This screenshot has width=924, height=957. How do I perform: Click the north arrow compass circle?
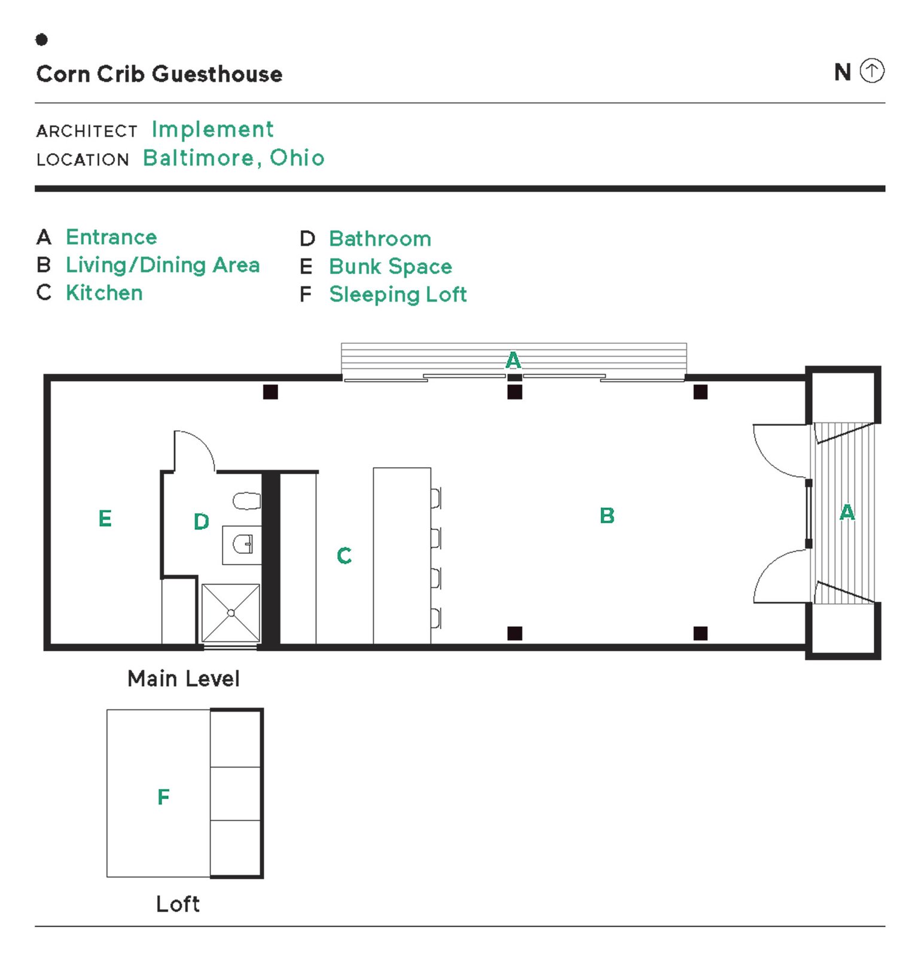(871, 71)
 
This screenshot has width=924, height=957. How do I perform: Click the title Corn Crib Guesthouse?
(159, 74)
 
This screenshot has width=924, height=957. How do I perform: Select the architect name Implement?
(212, 129)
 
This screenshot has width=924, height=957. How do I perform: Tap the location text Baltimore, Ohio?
(233, 158)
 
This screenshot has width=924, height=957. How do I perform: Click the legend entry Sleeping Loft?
(398, 294)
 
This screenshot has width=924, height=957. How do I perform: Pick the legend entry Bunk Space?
(390, 266)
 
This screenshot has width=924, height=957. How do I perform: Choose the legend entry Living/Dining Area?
(163, 265)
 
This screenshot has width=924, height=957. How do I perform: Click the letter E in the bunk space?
(105, 519)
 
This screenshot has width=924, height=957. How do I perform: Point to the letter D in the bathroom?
(202, 522)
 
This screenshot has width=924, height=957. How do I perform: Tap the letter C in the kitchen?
(344, 556)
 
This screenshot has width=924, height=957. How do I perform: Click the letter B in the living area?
(607, 516)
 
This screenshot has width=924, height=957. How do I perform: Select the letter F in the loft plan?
(163, 797)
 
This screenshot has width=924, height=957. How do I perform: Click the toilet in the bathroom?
(246, 501)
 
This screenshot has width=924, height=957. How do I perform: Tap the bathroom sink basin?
(242, 544)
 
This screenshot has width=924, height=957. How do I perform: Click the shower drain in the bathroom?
(231, 613)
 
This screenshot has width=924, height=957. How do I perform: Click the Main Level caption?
(184, 679)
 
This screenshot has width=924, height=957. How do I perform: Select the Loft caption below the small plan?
(178, 904)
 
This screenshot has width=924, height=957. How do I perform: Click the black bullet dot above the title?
(41, 39)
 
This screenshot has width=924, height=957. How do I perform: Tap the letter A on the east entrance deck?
(847, 513)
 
